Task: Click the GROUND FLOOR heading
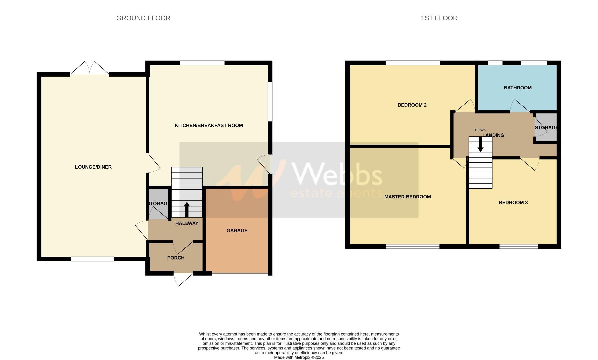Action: coord(143,18)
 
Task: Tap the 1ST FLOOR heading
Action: coord(439,18)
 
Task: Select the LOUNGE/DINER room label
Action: coord(93,167)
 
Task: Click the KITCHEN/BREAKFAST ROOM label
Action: coord(209,125)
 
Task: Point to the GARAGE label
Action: coord(237,230)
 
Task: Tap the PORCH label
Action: coord(176,258)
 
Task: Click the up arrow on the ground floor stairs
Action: coord(187,209)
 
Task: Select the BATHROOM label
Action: coord(517,88)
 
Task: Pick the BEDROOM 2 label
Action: coord(412,105)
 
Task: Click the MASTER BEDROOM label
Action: coord(407,197)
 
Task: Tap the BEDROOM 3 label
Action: coord(513,202)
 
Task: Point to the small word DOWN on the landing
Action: coord(480,130)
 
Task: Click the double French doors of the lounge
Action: coord(90,68)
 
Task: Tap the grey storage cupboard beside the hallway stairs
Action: coord(159,204)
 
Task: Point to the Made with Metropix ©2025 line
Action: coord(299,357)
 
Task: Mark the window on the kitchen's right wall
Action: coord(270,102)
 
